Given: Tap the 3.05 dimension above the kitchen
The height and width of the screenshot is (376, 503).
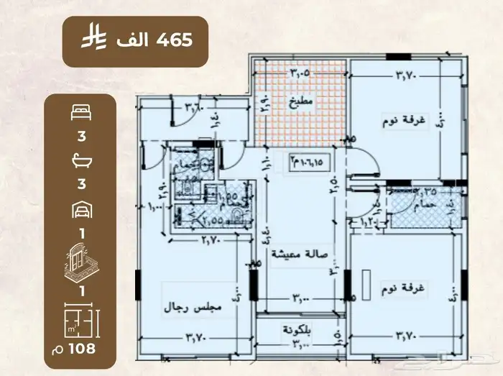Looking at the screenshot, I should pos(301,73).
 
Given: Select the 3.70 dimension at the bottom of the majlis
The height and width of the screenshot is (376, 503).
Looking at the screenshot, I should pos(197,336).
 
